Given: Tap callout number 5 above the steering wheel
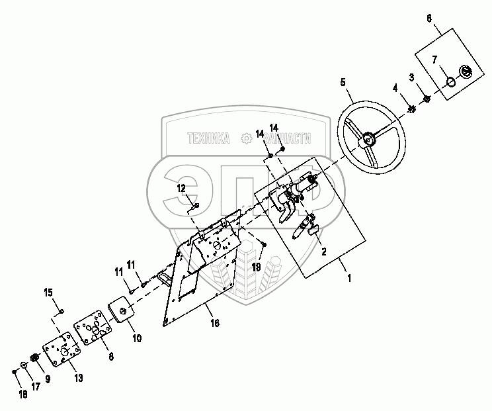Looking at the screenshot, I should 343,82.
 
